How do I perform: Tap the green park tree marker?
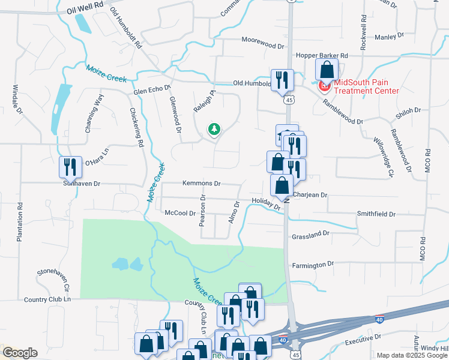214,129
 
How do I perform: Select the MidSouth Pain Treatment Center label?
366,87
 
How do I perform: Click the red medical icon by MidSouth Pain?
325,86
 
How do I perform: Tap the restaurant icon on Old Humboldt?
282,79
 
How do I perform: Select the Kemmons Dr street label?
201,184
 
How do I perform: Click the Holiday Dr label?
266,204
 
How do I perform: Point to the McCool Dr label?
180,213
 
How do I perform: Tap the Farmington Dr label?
313,265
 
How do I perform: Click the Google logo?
20,353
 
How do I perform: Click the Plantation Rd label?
20,223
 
